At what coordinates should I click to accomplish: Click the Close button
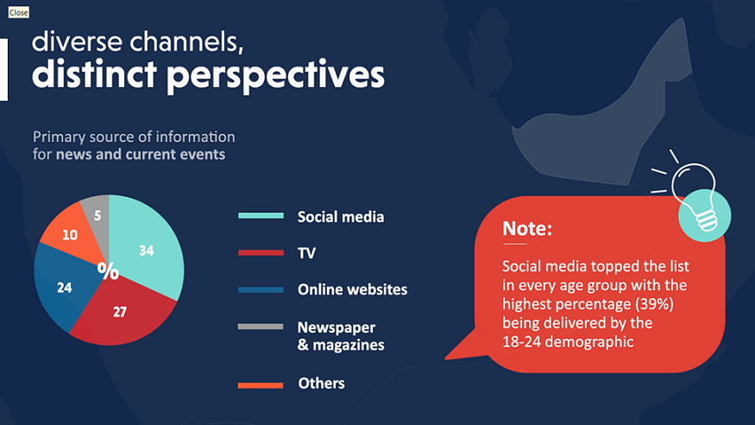click(x=18, y=13)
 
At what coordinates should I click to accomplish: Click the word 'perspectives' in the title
click(x=275, y=76)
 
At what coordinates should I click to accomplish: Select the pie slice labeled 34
click(x=147, y=245)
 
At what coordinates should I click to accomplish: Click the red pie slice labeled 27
click(x=123, y=314)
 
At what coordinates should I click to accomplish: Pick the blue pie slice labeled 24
click(x=64, y=287)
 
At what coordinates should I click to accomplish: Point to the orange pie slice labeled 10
click(x=70, y=234)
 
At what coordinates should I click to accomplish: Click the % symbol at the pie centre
click(x=109, y=271)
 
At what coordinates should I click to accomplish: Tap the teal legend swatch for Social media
click(x=261, y=216)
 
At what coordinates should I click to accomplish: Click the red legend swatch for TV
click(x=261, y=252)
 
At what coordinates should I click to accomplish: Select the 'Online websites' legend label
click(x=352, y=289)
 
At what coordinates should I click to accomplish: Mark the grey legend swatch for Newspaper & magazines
click(x=261, y=327)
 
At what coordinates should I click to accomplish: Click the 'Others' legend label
click(x=321, y=383)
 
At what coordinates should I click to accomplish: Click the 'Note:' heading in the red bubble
click(x=526, y=228)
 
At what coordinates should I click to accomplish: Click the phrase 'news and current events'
click(x=141, y=155)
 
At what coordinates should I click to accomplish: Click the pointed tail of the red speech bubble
click(x=447, y=358)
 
